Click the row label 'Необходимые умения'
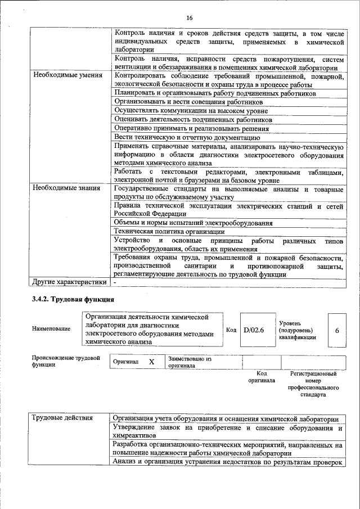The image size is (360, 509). tap(67, 75)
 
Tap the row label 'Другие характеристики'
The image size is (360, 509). tap(69, 282)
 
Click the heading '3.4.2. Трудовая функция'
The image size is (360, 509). tap(73, 300)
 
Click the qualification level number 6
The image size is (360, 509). tap(337, 330)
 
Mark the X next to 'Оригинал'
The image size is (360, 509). tap(151, 362)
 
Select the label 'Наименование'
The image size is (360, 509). tap(51, 328)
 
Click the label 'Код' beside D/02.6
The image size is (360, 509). tap(231, 330)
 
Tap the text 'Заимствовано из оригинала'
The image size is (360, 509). tap(190, 362)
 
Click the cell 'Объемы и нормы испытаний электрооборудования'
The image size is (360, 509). tap(193, 223)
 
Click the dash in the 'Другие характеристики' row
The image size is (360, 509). tap(115, 282)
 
